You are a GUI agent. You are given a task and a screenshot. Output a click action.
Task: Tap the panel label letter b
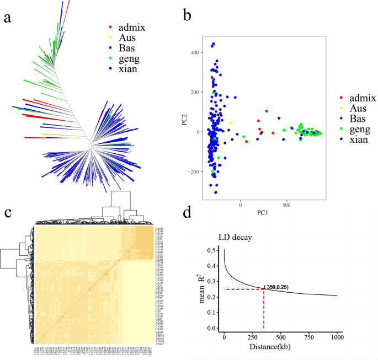pos(188,15)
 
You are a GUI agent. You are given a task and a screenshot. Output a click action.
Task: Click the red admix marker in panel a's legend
pos(110,26)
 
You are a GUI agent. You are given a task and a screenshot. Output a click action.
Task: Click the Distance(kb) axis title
pos(279,347)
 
